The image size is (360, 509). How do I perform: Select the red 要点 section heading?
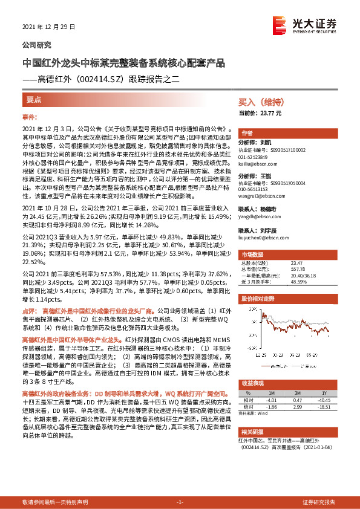point(34,99)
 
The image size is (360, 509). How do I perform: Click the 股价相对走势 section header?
point(258,299)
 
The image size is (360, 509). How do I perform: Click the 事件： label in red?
point(30,116)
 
